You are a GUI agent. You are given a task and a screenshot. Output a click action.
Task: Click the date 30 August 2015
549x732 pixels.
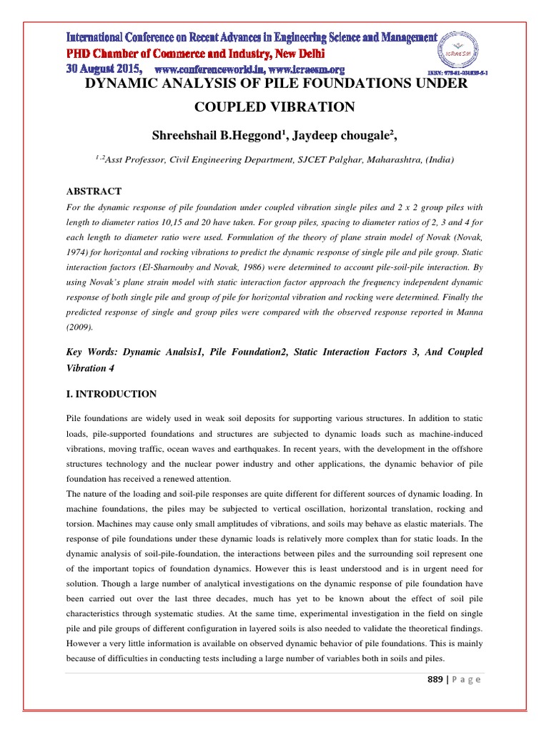click(104, 69)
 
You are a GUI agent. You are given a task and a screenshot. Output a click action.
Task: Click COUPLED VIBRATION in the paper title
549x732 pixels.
click(274, 107)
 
